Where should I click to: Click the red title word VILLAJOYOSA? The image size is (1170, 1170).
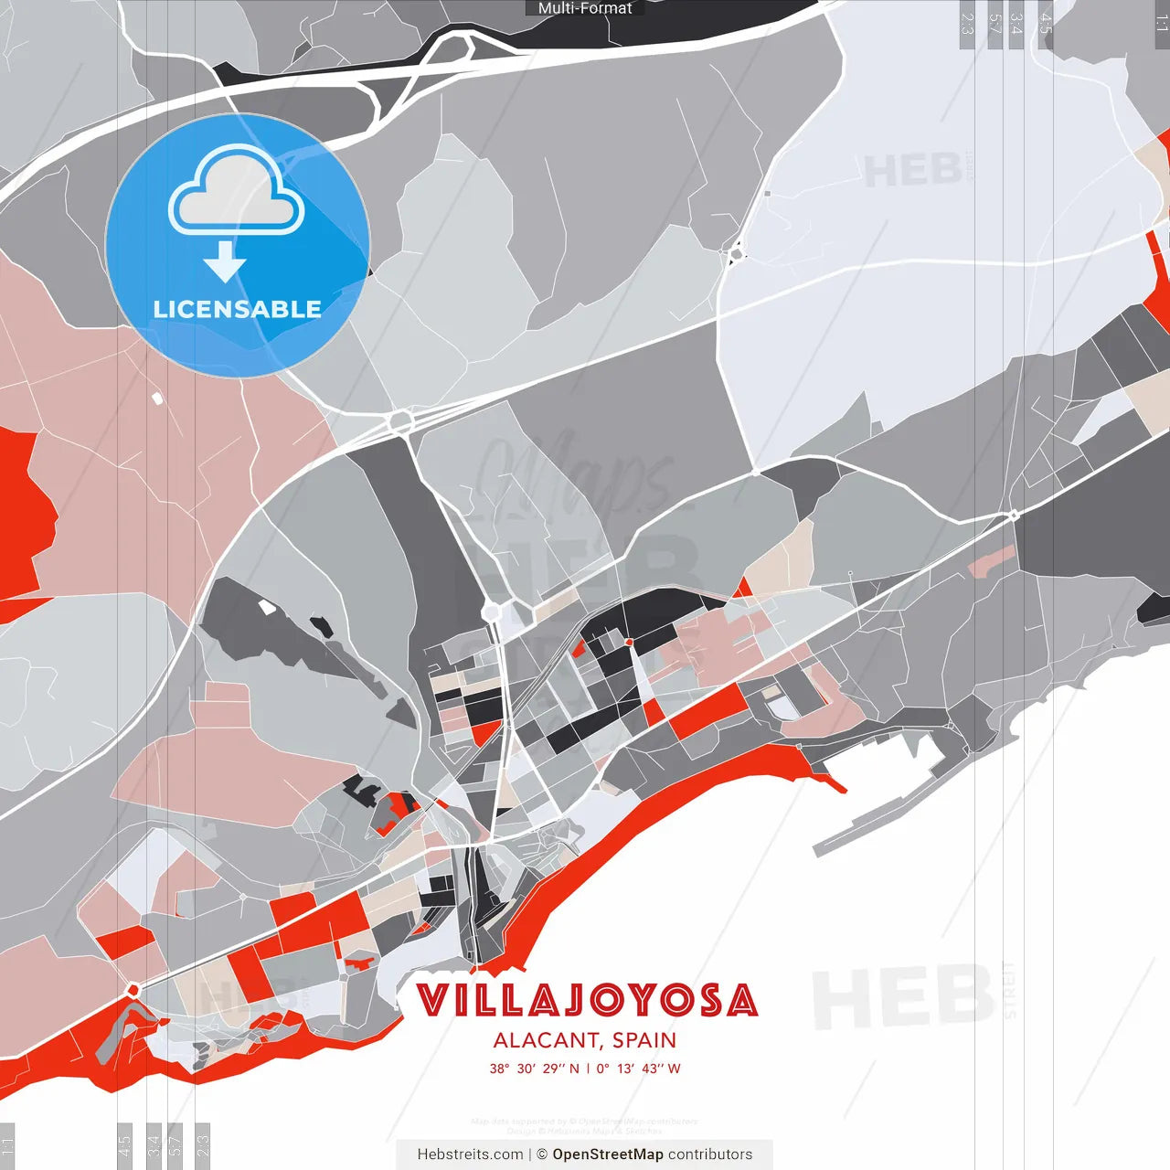pos(587,1000)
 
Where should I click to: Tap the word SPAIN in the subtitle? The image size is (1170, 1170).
pos(644,1040)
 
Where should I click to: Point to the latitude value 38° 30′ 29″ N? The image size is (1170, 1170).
pos(534,1069)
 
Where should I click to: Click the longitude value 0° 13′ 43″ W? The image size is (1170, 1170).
pos(639,1069)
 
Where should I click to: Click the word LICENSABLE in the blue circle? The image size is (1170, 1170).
pos(237,309)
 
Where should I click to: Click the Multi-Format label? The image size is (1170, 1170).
pos(585,8)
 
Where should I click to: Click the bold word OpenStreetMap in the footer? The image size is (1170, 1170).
pos(608,1154)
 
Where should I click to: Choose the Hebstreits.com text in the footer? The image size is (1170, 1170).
pos(470,1154)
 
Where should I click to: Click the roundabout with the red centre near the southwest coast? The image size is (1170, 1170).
pos(133,990)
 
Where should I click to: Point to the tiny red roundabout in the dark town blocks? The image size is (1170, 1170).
pos(629,643)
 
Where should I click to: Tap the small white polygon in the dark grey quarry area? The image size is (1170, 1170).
pos(267,606)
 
